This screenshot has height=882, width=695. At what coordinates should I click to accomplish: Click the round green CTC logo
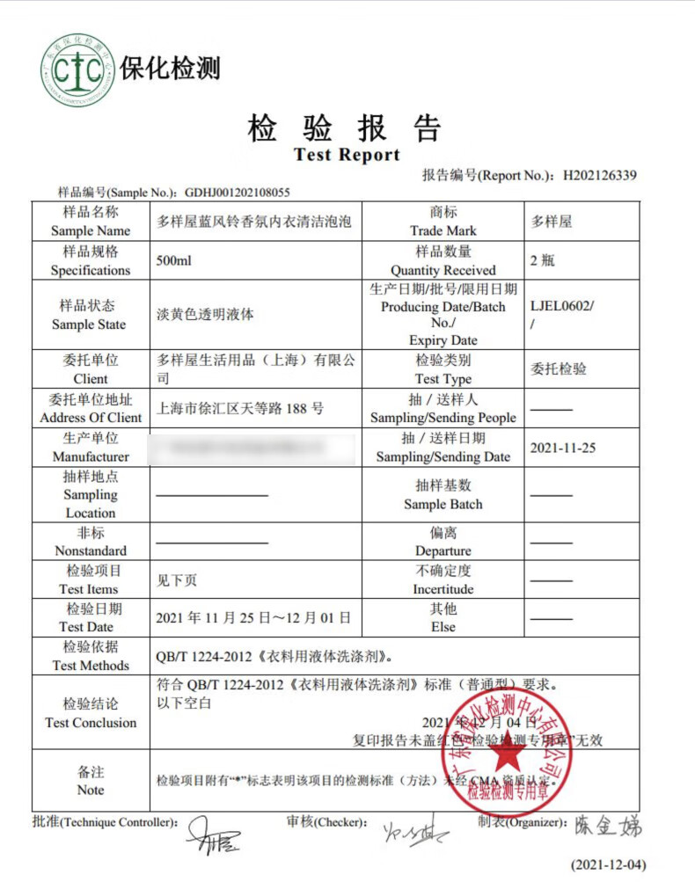coord(77,69)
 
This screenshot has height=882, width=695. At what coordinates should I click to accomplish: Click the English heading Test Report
coord(347,156)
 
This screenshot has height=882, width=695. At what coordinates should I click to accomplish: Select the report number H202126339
coord(599,175)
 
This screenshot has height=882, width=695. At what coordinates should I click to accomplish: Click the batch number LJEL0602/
coord(562,306)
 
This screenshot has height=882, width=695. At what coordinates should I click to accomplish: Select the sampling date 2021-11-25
coord(562,448)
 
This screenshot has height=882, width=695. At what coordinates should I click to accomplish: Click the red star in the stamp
coord(508,754)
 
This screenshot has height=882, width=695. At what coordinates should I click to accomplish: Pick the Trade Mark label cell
coord(443,222)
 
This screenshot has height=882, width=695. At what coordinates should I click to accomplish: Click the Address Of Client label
coord(91,418)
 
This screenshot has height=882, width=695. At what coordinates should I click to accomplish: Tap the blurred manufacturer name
coord(255,448)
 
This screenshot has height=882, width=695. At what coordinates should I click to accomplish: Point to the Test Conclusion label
coord(91,723)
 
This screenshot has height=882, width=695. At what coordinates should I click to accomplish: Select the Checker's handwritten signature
coord(413,831)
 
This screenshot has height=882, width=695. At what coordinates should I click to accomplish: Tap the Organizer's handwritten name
coord(608,826)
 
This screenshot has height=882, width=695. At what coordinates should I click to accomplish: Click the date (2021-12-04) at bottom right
coord(608,864)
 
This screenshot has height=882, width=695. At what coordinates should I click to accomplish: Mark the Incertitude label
coord(443,589)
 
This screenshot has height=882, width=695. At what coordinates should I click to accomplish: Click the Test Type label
coord(443,379)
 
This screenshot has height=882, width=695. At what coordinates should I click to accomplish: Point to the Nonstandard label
coord(91,550)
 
